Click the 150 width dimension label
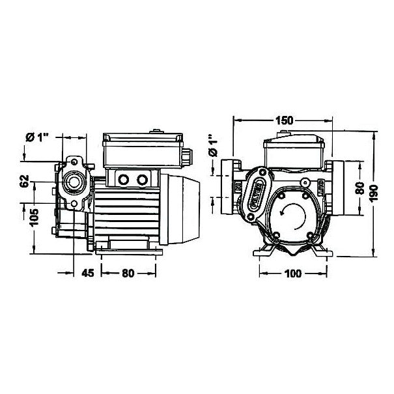283,120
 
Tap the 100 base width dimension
292,274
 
